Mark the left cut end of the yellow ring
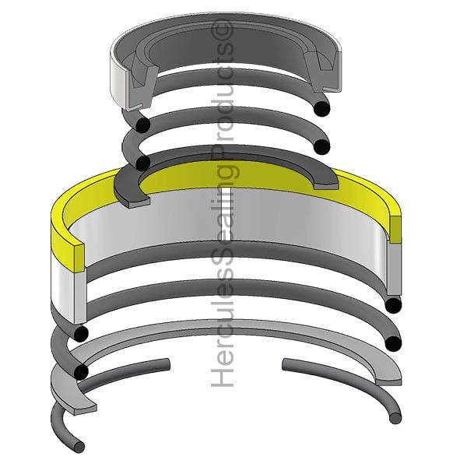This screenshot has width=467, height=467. pos(79,258)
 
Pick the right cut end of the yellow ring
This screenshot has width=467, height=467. pos(395,229)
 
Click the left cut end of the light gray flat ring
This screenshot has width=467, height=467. pos(85,409)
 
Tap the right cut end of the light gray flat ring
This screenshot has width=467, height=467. pos(388,381)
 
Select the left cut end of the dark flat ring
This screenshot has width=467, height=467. pos(139,203)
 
